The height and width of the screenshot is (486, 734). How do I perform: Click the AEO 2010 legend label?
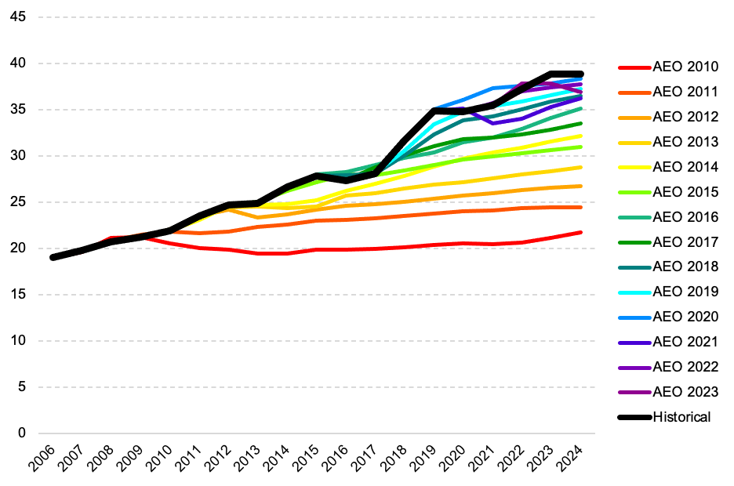tap(685, 67)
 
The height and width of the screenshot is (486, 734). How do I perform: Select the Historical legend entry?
tap(681, 417)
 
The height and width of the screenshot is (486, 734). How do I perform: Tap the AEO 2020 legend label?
tap(685, 317)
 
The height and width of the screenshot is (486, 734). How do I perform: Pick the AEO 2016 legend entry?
tap(685, 217)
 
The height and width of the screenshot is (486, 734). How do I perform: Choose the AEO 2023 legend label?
tap(685, 392)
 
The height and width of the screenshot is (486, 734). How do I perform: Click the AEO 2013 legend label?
tap(685, 142)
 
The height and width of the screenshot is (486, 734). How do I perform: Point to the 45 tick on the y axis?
tap(18, 17)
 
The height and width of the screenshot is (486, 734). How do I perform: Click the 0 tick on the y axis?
tap(22, 433)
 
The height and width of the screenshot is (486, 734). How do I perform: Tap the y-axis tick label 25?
tap(18, 202)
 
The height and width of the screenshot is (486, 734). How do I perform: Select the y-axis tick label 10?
tap(18, 341)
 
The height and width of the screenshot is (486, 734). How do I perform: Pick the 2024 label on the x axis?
tap(576, 459)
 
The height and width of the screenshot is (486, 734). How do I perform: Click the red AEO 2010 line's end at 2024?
tap(580, 232)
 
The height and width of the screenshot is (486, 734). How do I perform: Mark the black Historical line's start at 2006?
tap(53, 257)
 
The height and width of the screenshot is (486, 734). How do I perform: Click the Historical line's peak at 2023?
tap(551, 74)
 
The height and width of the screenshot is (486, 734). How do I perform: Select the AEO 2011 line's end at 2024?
tap(580, 207)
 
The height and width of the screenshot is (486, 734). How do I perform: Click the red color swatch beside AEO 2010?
tap(634, 67)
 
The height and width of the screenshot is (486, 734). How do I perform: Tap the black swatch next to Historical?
tap(634, 417)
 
